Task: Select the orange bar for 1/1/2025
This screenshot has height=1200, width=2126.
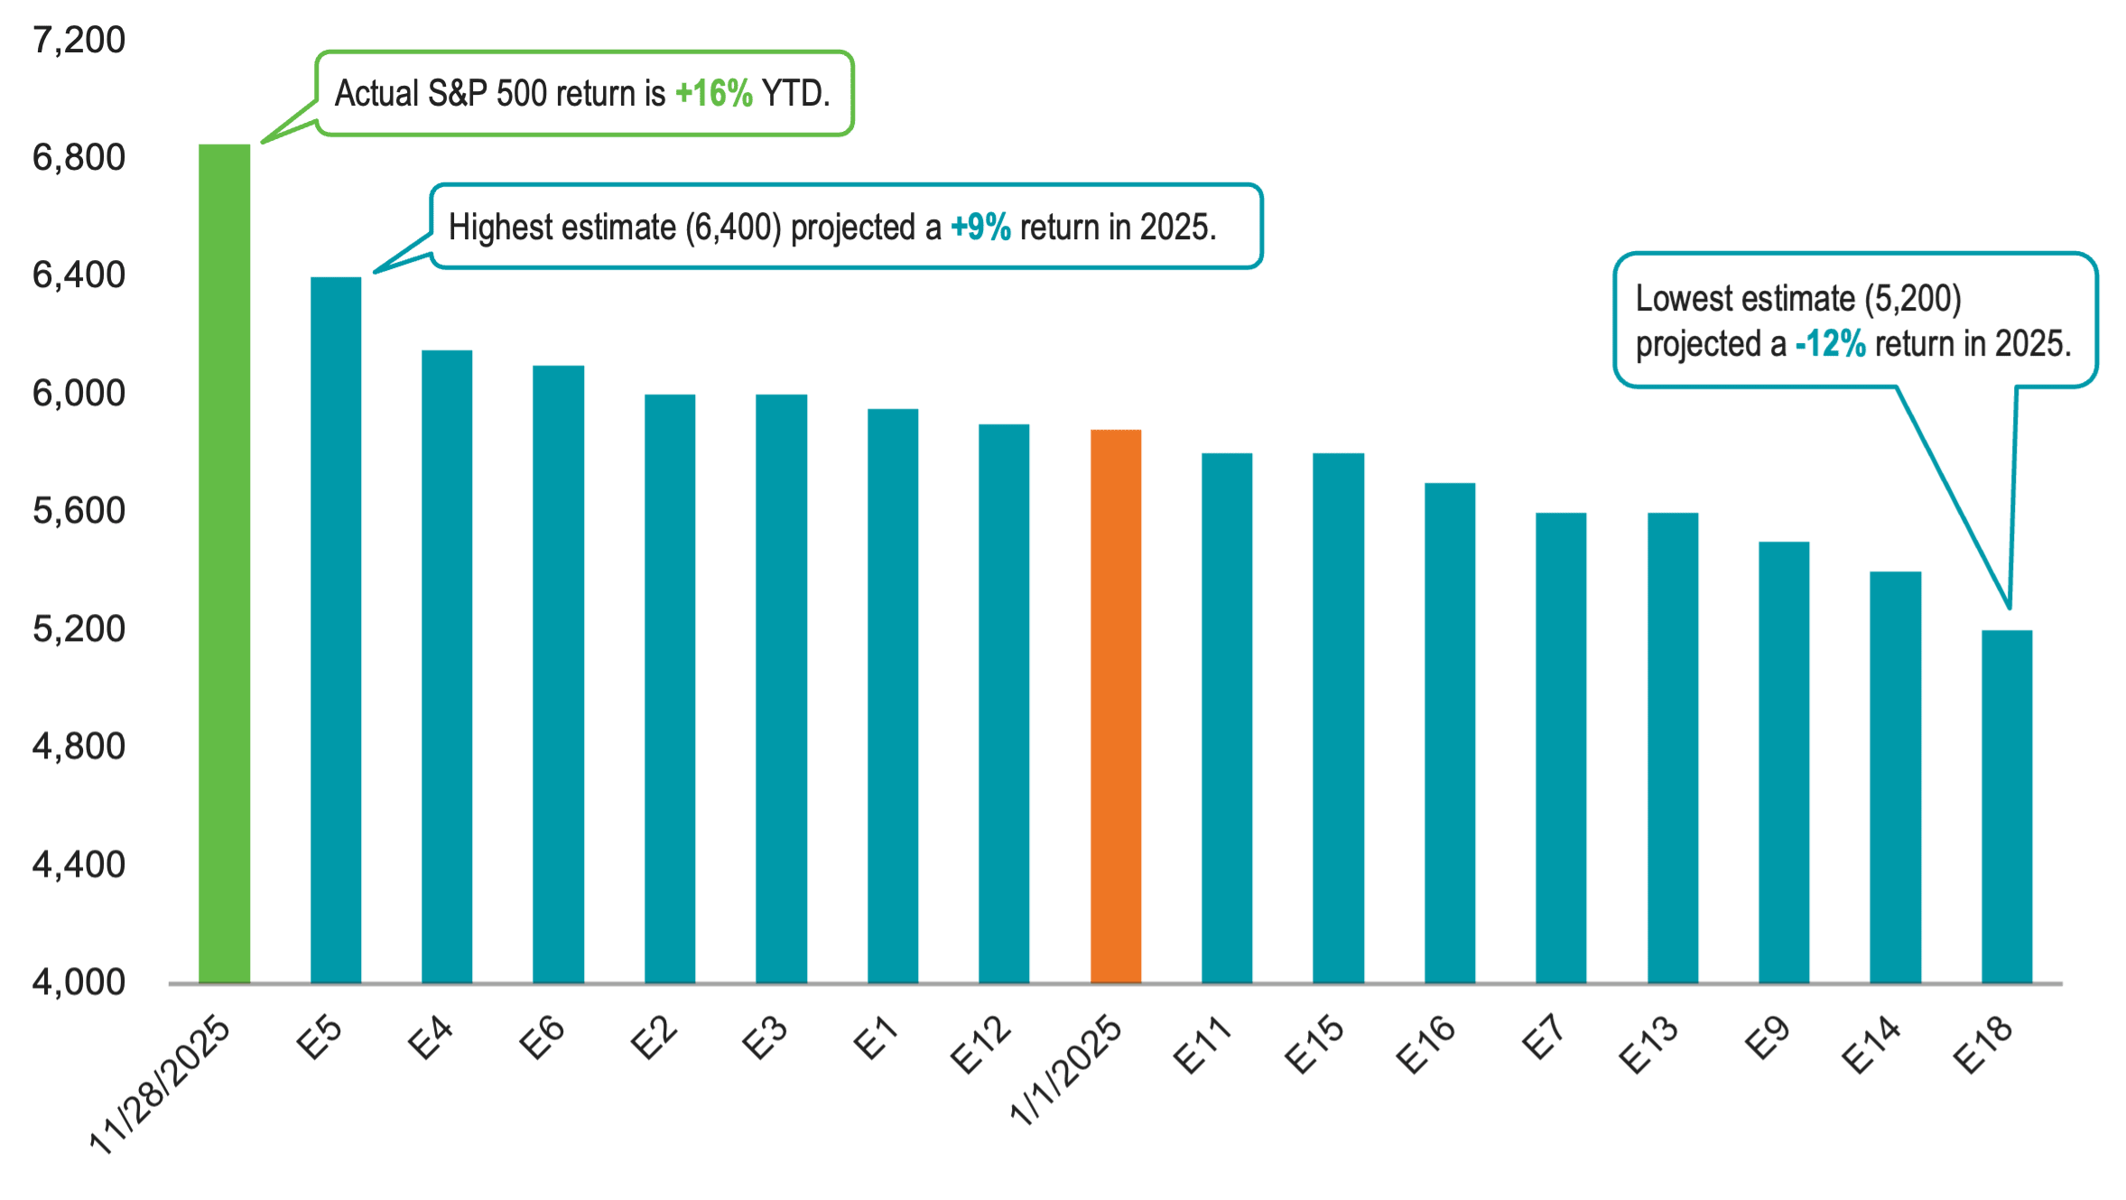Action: tap(1116, 705)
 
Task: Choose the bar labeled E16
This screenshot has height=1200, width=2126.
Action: tap(1450, 731)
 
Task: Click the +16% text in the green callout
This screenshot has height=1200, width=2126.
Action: tap(713, 94)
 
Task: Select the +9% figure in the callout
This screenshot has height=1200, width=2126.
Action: tap(980, 228)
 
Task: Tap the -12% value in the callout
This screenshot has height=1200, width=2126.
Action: tap(1830, 344)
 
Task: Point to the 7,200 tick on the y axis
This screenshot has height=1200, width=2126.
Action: tap(79, 41)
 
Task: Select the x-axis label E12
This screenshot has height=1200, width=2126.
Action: tap(981, 1045)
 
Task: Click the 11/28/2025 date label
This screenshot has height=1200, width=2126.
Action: tap(161, 1083)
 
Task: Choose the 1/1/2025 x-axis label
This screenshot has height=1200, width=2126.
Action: tap(1066, 1069)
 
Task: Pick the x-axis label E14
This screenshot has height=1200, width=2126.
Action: tap(1872, 1045)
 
